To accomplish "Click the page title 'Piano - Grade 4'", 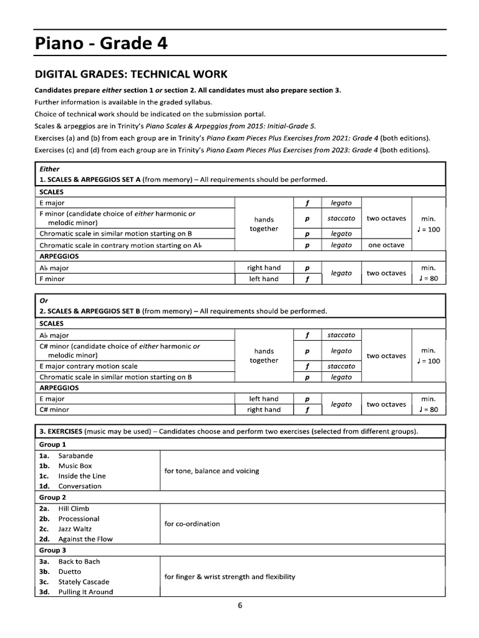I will tap(100, 44).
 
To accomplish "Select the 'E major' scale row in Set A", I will tap(52, 202).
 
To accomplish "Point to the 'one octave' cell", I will tap(386, 245).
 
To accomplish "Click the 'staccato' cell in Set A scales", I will tap(341, 218).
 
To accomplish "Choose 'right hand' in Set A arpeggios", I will tap(264, 268).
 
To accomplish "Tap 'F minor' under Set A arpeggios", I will tap(52, 279).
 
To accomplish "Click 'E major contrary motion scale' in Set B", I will tap(89, 366).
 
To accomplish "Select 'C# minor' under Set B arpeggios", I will tap(54, 410).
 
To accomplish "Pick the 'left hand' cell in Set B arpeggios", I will tap(264, 399).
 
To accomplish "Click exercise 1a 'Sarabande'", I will tap(75, 455).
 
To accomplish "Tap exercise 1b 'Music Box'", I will tap(75, 466).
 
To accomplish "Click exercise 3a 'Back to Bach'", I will tap(79, 561).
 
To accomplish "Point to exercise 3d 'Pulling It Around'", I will tap(86, 592).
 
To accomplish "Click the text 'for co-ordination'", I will tap(192, 524).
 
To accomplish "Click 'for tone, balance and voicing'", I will tap(211, 471).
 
